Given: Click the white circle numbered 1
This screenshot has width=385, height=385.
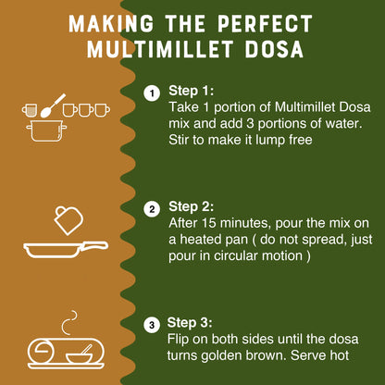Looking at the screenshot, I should (152, 92).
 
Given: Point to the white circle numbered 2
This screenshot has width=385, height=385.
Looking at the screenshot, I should (152, 208).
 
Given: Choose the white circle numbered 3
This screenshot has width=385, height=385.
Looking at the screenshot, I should (152, 325).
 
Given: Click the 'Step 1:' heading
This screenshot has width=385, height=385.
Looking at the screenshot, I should (192, 92).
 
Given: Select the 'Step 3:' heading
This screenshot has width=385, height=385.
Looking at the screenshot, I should (192, 324).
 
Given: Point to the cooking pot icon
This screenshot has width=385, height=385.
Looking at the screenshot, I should (48, 130).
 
